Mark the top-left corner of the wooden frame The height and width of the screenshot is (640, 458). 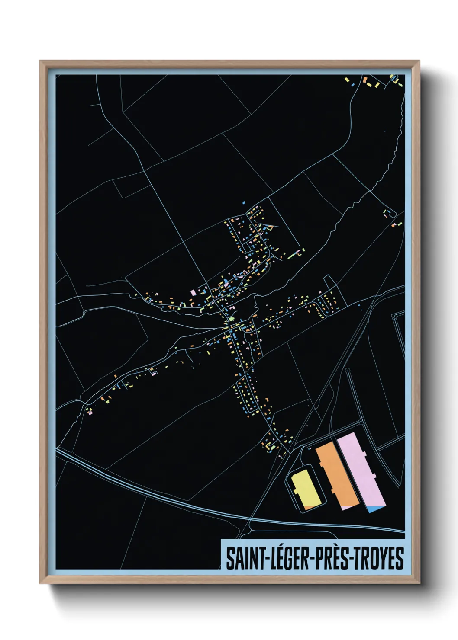[x=40, y=61]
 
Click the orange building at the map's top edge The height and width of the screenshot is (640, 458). [x=365, y=80]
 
